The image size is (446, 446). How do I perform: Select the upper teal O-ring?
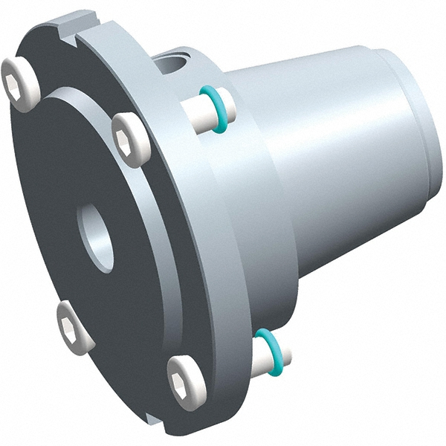215,109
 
